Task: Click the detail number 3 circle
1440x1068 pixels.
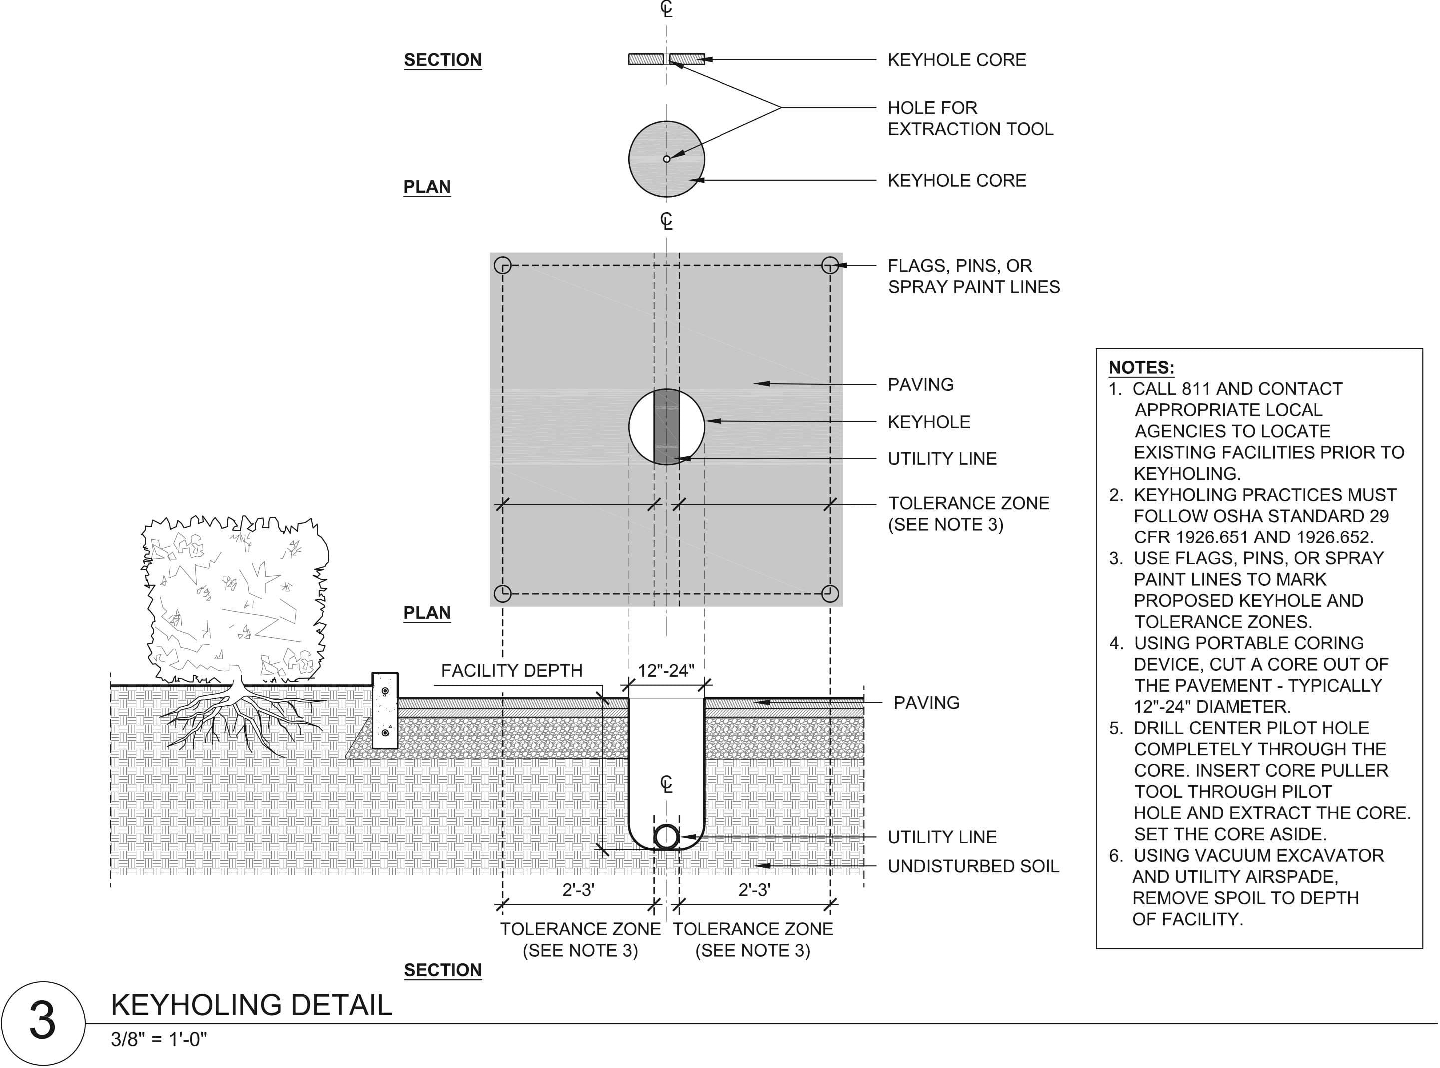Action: [x=42, y=1022]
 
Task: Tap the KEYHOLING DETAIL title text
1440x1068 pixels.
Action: [x=251, y=1005]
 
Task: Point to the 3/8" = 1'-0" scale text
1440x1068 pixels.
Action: [x=159, y=1039]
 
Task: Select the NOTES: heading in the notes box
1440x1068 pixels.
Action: [x=1141, y=367]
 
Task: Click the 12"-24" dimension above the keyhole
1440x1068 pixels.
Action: [x=666, y=670]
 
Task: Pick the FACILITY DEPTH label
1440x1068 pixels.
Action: [x=512, y=670]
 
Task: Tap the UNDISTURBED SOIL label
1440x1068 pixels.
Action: [x=973, y=866]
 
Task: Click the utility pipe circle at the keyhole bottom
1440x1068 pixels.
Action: [x=666, y=837]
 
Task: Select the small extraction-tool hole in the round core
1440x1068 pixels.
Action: [x=666, y=159]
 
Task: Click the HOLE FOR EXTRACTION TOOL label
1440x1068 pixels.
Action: [x=970, y=118]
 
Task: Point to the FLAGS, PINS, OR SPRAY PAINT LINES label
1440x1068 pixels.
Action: [x=973, y=276]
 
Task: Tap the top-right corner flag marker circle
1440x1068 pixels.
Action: [x=830, y=265]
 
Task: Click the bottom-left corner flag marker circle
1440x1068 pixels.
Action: [x=503, y=593]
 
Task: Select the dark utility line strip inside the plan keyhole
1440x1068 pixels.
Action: [x=666, y=427]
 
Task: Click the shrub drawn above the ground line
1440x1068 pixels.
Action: [x=234, y=598]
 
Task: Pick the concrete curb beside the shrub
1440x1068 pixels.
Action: [x=385, y=710]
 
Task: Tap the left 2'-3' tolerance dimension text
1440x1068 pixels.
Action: [x=578, y=890]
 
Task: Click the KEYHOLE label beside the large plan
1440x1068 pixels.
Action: [x=928, y=422]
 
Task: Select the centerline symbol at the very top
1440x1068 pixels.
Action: [x=666, y=9]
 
